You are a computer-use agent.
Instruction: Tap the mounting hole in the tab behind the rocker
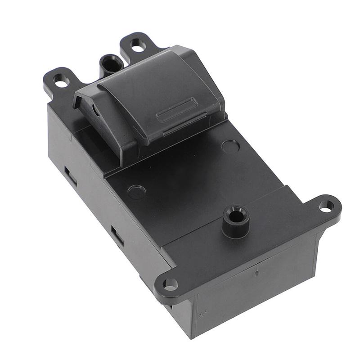(x=136, y=44)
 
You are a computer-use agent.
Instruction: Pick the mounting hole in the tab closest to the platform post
(x=326, y=206)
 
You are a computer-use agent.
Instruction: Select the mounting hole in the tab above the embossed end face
(x=170, y=284)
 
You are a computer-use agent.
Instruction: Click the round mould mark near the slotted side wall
(x=136, y=192)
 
